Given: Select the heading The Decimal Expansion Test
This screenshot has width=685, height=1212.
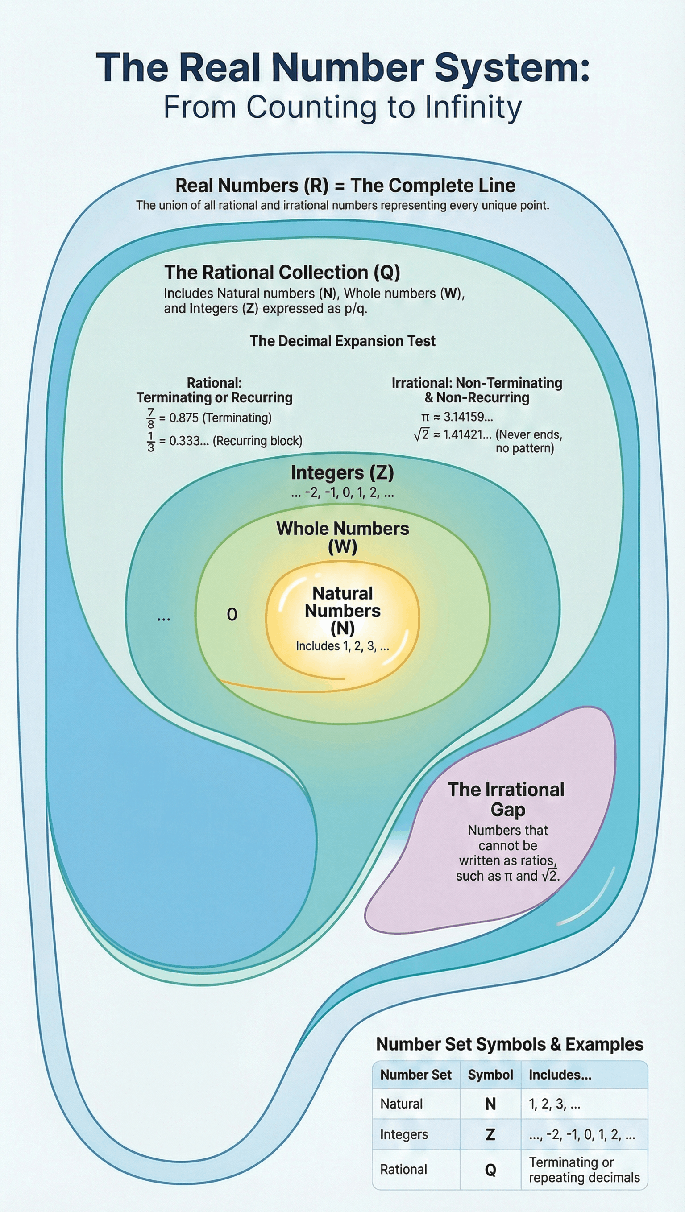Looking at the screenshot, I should click(342, 341).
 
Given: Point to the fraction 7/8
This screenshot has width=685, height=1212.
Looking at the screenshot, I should click(151, 418).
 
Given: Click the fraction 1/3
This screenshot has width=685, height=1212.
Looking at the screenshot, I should click(151, 441).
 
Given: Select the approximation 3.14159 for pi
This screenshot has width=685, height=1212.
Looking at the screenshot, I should click(468, 417).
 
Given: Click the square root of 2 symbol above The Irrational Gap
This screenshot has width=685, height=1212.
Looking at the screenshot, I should click(421, 434).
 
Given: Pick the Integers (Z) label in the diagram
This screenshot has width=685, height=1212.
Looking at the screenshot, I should click(342, 473).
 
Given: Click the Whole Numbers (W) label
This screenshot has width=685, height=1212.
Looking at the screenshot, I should click(342, 537).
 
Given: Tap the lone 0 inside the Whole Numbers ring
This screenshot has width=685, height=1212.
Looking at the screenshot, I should click(232, 614).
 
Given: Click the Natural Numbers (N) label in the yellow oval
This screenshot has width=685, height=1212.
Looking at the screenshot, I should click(342, 610).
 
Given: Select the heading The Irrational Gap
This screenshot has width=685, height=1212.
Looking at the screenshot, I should click(506, 799).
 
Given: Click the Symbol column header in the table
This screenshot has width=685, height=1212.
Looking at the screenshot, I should click(490, 1075).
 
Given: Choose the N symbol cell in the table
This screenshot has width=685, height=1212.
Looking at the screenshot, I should click(490, 1104).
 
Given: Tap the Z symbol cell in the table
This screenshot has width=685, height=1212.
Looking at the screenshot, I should click(490, 1134).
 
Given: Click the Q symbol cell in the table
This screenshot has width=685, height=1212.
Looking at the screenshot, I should click(490, 1170).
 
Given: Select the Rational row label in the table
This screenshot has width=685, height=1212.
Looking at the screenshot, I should click(403, 1170).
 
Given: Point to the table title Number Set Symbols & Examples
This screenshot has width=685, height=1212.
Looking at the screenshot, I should click(509, 1044).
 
